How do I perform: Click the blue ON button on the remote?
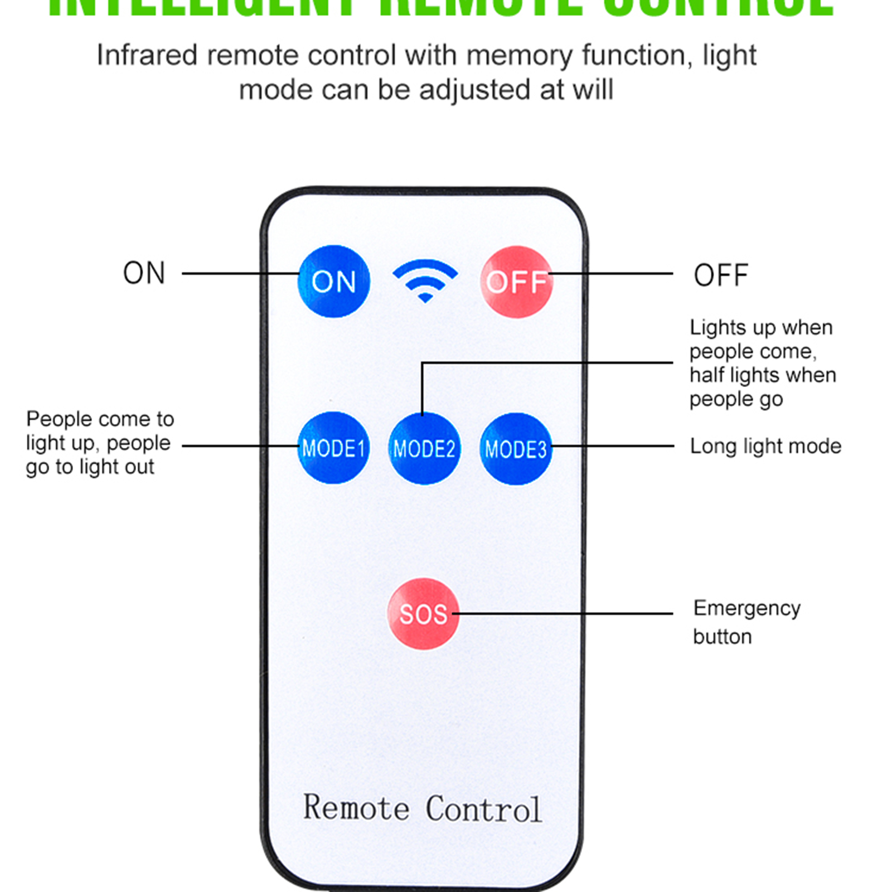pyautogui.click(x=333, y=282)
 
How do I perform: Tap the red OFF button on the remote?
pyautogui.click(x=516, y=282)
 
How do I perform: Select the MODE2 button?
pyautogui.click(x=424, y=449)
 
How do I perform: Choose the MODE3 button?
pyautogui.click(x=516, y=449)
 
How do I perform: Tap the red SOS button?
pyautogui.click(x=423, y=614)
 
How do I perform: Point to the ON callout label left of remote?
pyautogui.click(x=144, y=274)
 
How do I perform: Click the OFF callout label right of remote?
pyautogui.click(x=720, y=275)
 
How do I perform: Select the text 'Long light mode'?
pyautogui.click(x=765, y=447)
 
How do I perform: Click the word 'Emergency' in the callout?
pyautogui.click(x=746, y=608)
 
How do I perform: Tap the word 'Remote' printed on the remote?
pyautogui.click(x=356, y=808)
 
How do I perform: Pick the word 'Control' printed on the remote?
pyautogui.click(x=483, y=809)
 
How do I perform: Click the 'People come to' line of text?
pyautogui.click(x=100, y=419)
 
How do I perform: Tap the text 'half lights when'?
pyautogui.click(x=763, y=375)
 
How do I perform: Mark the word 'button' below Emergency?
pyautogui.click(x=722, y=637)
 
